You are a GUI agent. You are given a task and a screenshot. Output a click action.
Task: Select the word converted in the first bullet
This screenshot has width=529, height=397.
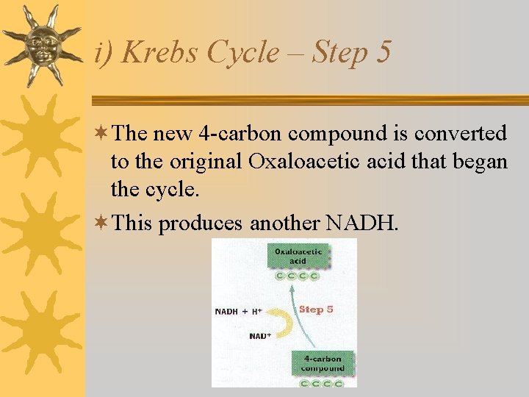pos(461,134)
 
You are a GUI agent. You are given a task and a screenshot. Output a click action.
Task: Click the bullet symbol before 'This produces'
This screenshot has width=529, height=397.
pos(102,222)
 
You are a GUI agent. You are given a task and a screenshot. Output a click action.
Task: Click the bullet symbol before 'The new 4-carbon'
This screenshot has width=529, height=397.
pos(102,134)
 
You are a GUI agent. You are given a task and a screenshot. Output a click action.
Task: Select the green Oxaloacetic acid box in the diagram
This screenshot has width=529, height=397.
pos(298,256)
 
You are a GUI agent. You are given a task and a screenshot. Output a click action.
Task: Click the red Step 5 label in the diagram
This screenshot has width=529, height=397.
pos(316,309)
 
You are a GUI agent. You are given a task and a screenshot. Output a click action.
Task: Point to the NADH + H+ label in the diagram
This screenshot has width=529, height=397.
pos(238,312)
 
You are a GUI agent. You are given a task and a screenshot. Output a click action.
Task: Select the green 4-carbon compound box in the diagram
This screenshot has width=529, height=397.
pos(323,363)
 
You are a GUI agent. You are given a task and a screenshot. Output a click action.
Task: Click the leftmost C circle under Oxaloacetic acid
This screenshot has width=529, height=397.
pos(280,276)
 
